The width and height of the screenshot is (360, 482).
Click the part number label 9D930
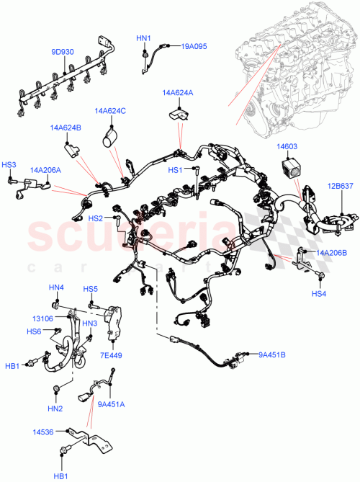tap(62, 52)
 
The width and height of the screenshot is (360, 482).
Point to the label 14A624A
tap(177, 93)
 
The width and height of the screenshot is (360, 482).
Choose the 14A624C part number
tap(110, 111)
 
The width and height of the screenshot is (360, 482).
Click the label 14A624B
tap(66, 128)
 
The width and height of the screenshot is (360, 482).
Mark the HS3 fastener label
tap(9, 165)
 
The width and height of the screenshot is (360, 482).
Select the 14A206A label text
tap(45, 170)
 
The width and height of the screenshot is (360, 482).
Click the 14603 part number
tap(288, 147)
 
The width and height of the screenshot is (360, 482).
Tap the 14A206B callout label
tap(332, 252)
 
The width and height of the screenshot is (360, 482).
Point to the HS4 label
tap(319, 293)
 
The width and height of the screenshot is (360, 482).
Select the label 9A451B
tap(272, 354)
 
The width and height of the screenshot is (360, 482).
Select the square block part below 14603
tap(291, 174)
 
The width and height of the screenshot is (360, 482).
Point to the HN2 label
tap(56, 409)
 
